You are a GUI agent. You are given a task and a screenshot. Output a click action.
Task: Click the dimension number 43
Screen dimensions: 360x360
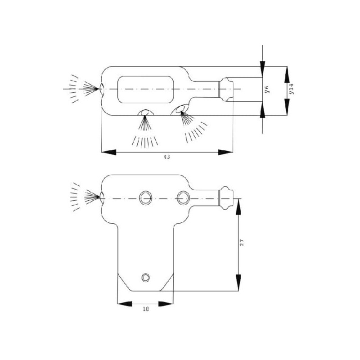(x=166, y=157)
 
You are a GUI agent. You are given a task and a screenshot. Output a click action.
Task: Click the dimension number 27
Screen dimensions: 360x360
(x=241, y=243)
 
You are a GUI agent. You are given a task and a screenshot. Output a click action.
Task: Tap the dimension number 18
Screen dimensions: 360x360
(x=146, y=309)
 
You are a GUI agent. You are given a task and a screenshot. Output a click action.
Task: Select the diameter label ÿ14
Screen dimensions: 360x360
(x=291, y=89)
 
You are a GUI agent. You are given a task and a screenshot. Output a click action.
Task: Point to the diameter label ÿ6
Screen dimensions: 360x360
(x=266, y=89)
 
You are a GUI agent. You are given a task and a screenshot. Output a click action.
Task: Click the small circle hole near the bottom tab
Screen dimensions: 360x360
(x=145, y=277)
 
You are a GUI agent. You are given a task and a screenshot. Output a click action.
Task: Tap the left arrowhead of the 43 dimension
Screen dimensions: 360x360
(x=108, y=152)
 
